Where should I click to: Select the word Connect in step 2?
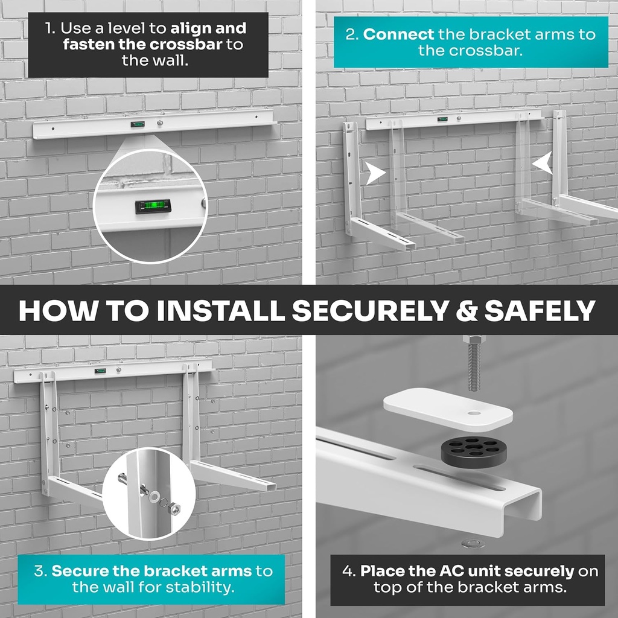(x=398, y=34)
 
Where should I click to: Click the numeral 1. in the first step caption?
(x=50, y=28)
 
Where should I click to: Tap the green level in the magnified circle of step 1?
(x=153, y=207)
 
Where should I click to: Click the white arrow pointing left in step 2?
(x=543, y=164)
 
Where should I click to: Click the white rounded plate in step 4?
(x=448, y=409)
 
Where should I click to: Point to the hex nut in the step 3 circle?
(x=174, y=509)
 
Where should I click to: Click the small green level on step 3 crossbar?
(x=100, y=371)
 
